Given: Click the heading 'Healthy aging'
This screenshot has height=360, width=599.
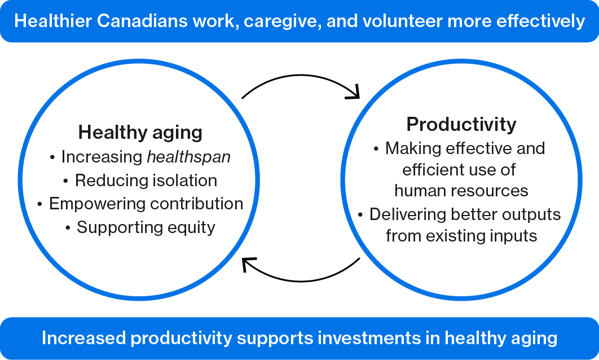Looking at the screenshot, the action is pyautogui.click(x=140, y=133).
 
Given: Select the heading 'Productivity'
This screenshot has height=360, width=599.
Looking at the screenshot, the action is pyautogui.click(x=461, y=125).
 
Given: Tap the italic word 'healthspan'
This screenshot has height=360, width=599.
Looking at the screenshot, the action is pyautogui.click(x=189, y=157).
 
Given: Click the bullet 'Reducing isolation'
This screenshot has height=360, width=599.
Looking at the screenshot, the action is pyautogui.click(x=140, y=181).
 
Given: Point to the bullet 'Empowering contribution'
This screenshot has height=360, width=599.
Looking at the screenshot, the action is pyautogui.click(x=140, y=204).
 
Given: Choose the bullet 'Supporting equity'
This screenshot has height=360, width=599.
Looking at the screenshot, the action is pyautogui.click(x=140, y=227).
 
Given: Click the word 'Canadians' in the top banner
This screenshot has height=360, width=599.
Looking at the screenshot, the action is pyautogui.click(x=142, y=21).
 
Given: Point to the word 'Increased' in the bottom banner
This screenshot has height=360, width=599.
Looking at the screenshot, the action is pyautogui.click(x=83, y=338).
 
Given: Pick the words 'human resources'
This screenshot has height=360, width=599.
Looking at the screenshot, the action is pyautogui.click(x=461, y=191).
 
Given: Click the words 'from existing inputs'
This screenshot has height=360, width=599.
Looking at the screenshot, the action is pyautogui.click(x=461, y=236).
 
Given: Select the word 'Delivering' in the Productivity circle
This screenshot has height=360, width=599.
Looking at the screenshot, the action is pyautogui.click(x=408, y=214).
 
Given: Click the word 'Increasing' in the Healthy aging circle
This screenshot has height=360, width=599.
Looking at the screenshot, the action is pyautogui.click(x=102, y=157).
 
